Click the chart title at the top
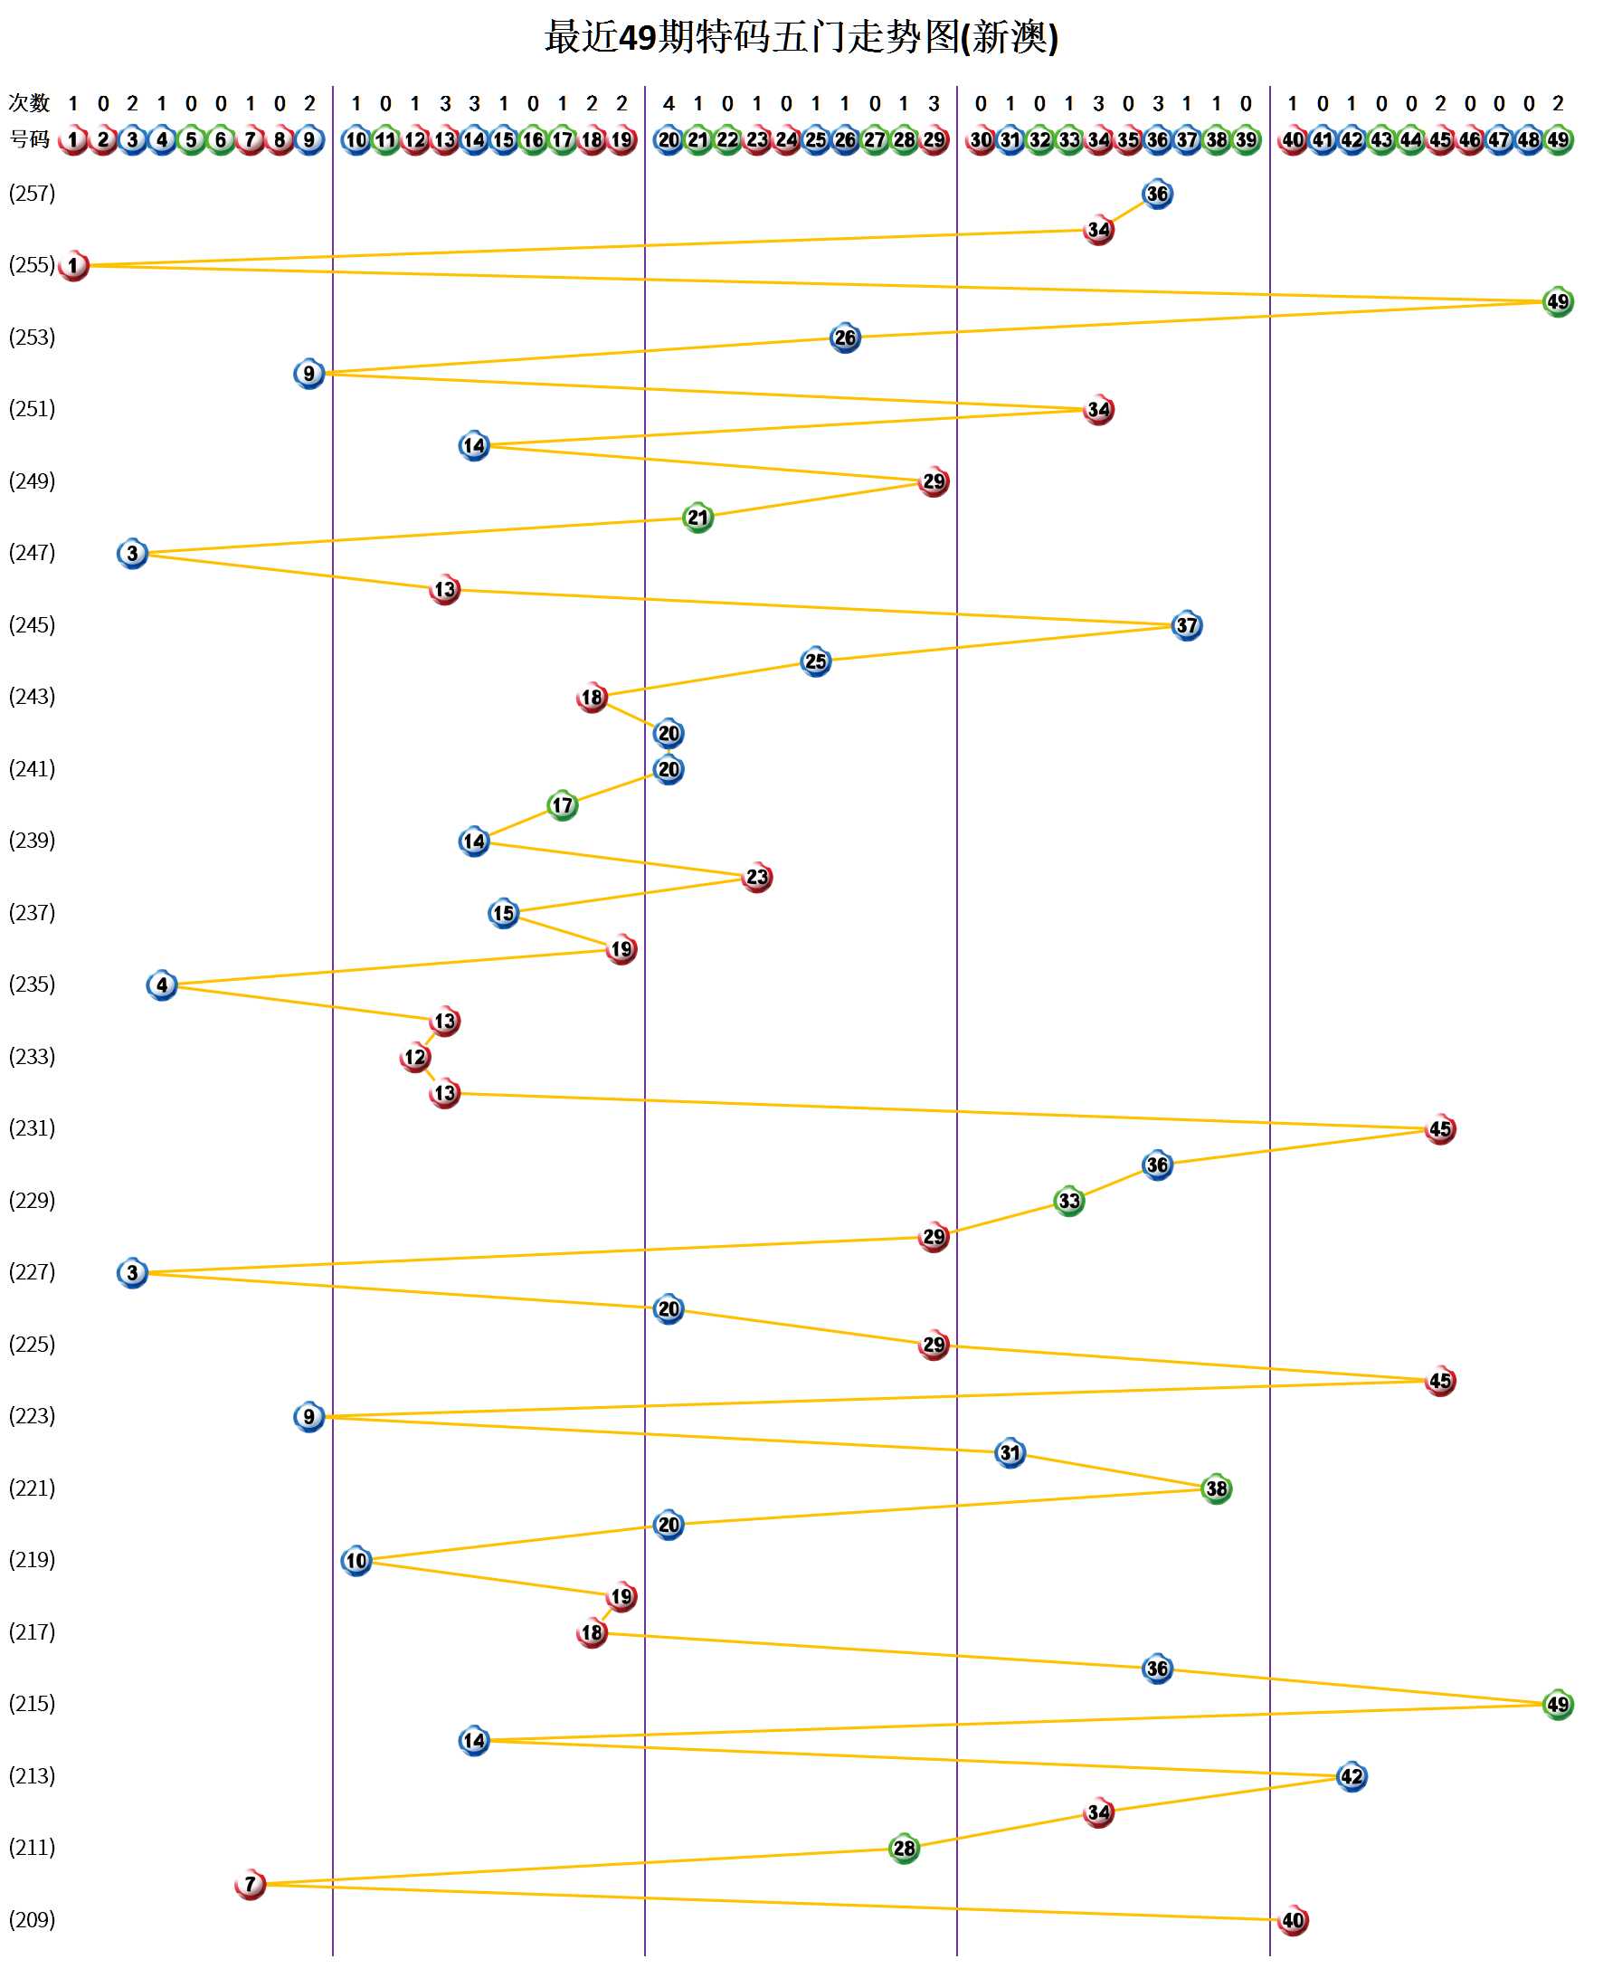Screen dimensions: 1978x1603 [x=801, y=38]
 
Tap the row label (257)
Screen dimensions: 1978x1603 [x=33, y=193]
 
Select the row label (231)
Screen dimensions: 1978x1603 [x=33, y=1127]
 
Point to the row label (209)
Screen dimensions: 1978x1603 [x=33, y=1919]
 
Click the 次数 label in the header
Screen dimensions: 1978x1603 [x=29, y=102]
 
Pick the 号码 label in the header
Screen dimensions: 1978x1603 [x=29, y=139]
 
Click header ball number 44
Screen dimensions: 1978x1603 [x=1410, y=140]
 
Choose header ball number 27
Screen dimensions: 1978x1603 [x=875, y=140]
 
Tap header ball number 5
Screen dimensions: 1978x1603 [x=191, y=140]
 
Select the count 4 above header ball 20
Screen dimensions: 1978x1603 [x=669, y=103]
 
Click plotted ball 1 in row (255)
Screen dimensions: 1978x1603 [x=74, y=266]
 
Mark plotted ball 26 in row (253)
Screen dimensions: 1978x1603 [x=845, y=338]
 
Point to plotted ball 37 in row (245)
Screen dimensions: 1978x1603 [x=1187, y=626]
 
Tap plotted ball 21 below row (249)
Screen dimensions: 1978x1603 [x=698, y=518]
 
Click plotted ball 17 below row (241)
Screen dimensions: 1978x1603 [x=563, y=805]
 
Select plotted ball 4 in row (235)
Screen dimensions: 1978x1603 [x=162, y=985]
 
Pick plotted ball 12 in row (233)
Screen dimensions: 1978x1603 [x=415, y=1058]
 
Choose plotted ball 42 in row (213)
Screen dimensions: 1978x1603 [x=1351, y=1777]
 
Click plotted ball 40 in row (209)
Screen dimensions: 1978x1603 [x=1293, y=1921]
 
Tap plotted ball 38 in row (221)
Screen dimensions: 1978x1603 [x=1216, y=1488]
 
